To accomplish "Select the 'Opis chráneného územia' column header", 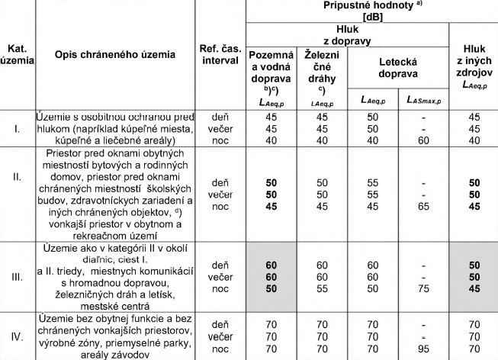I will point(114,54).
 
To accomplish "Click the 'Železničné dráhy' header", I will point(321,68).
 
